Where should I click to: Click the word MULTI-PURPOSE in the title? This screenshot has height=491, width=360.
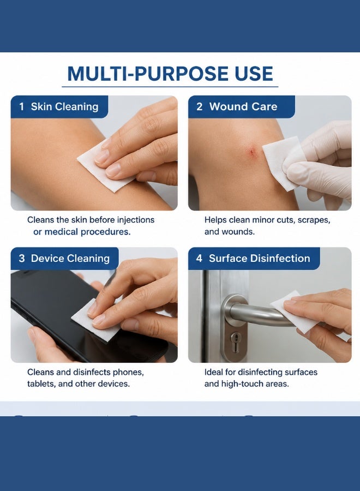pyautogui.click(x=148, y=74)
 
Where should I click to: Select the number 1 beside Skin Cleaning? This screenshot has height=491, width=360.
pyautogui.click(x=22, y=107)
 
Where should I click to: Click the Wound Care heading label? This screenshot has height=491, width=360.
pyautogui.click(x=243, y=107)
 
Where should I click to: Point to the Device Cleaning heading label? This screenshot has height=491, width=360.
pyautogui.click(x=70, y=259)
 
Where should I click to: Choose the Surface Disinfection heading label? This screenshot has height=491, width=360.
pyautogui.click(x=260, y=259)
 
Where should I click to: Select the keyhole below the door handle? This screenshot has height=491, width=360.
pyautogui.click(x=236, y=340)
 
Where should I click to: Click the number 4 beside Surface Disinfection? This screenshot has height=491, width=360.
pyautogui.click(x=199, y=259)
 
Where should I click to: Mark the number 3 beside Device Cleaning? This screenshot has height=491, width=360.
pyautogui.click(x=22, y=259)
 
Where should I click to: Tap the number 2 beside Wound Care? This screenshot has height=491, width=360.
pyautogui.click(x=200, y=107)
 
